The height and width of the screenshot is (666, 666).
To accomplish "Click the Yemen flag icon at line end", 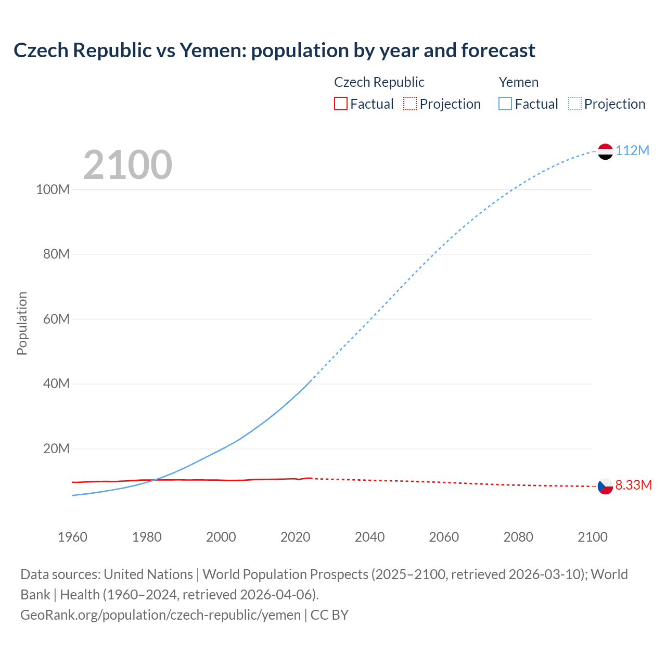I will [x=605, y=151].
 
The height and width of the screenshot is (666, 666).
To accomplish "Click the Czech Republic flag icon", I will [x=605, y=486].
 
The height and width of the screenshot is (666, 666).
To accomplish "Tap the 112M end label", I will [x=632, y=151].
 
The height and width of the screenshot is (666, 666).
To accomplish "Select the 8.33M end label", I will [x=633, y=485].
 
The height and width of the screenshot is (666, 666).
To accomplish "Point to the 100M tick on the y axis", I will [x=53, y=189].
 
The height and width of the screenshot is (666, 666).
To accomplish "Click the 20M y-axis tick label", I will [x=56, y=449].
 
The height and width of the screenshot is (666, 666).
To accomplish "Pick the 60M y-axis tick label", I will [x=56, y=319].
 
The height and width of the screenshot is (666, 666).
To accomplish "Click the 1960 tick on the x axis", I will [x=72, y=537].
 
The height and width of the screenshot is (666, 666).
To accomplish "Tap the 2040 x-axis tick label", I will [x=369, y=537].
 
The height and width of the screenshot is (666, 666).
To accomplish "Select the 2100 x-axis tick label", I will [x=592, y=537].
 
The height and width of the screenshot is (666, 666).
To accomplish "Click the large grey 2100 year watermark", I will [x=127, y=165].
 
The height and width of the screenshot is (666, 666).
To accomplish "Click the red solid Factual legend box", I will [x=340, y=104].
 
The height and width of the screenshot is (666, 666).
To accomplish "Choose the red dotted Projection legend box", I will [x=410, y=104].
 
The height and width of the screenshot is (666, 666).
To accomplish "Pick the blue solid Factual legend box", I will [x=505, y=104].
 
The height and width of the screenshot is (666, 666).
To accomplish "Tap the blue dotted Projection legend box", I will [x=575, y=104].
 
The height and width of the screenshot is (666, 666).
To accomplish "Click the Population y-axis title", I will [x=22, y=323].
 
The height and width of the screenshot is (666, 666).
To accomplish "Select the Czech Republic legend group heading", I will [x=379, y=82].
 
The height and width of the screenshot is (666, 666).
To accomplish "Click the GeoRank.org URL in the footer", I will [x=160, y=615].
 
